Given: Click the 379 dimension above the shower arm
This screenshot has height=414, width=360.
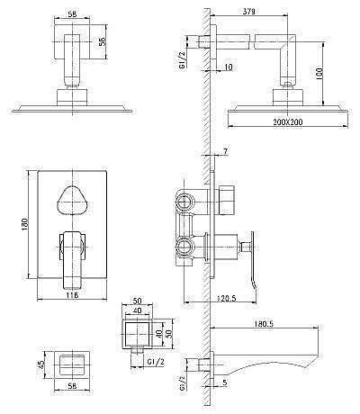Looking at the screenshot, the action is pos(249,12).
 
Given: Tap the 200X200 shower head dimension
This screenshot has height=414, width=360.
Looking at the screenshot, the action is pos(288,121).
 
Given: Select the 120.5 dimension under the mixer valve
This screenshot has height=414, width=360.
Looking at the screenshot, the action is pos(226,298).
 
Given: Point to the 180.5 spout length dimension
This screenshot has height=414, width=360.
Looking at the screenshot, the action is pos(264,324).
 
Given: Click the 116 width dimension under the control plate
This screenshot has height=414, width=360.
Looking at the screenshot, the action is pos(72,295).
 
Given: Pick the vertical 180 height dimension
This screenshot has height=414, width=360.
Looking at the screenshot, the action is pos(24,223).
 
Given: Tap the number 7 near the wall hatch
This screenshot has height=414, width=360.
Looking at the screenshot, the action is pos(226,152).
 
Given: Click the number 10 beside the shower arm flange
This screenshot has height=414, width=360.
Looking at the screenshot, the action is pos(229,67).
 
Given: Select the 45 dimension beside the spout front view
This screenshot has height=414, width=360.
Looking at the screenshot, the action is pos(40,364).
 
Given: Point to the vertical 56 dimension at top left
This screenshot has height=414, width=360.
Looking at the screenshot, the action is pos(102,42).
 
